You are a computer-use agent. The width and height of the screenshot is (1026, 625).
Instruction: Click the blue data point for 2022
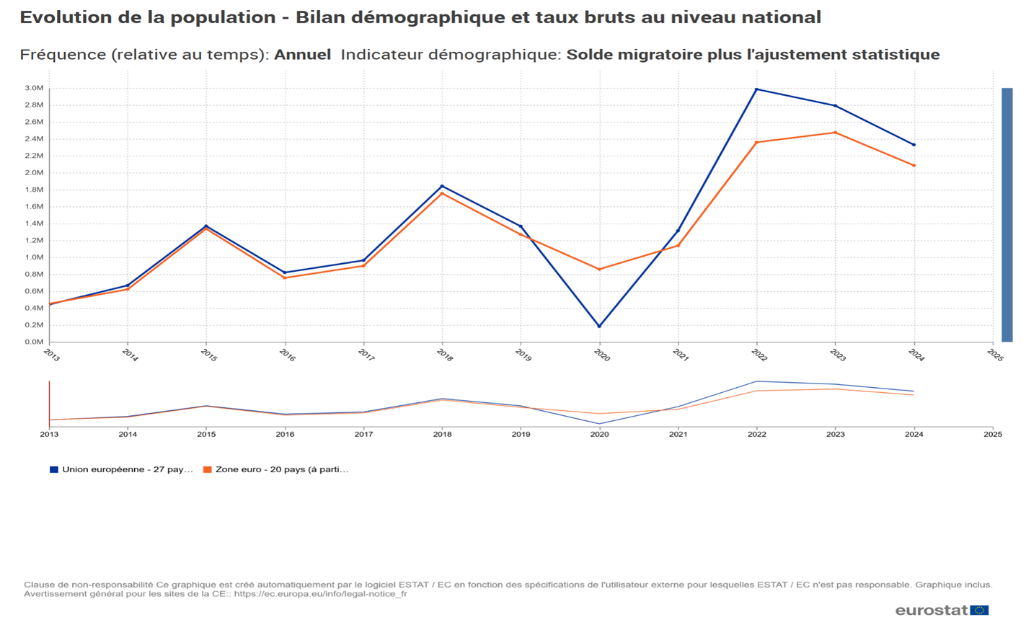[x=756, y=89]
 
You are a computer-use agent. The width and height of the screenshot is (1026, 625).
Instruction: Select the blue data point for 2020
[x=599, y=326]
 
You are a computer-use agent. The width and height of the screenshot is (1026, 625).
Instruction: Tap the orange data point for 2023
[x=835, y=133]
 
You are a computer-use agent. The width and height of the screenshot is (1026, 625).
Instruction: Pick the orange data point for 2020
[x=599, y=270]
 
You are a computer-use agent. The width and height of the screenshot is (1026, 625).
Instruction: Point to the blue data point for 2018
[x=442, y=187]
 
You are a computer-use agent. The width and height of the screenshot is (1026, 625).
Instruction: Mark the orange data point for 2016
[x=285, y=278]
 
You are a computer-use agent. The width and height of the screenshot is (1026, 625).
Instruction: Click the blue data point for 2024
[x=914, y=145]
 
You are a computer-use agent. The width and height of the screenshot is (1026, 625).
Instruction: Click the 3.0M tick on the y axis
[x=34, y=89]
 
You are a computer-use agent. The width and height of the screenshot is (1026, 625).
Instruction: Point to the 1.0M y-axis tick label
[x=34, y=257]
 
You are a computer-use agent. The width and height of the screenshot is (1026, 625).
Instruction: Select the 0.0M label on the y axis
[x=34, y=342]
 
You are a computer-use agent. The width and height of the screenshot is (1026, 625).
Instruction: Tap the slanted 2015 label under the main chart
[x=208, y=355]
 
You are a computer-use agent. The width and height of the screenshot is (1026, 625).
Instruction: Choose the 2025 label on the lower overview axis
[x=992, y=434]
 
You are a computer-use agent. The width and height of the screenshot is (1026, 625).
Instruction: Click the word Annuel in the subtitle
[x=302, y=55]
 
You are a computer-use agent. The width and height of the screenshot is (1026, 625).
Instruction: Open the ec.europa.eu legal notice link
[x=320, y=594]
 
